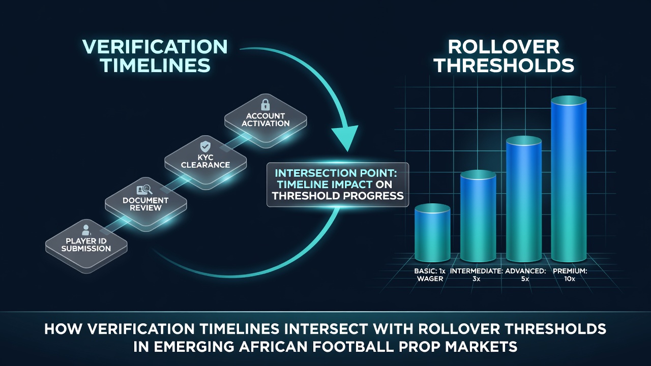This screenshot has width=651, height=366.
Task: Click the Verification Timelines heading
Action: coord(155,56)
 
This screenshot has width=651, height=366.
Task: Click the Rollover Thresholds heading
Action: coord(504,56)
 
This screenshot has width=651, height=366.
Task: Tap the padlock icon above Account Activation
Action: coord(265,105)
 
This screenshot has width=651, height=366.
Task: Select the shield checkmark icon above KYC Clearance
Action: coord(205,147)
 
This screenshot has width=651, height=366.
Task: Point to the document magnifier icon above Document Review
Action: coord(144,190)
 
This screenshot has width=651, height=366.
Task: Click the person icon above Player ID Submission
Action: coord(86,230)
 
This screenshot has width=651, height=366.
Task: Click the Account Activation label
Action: coord(265,119)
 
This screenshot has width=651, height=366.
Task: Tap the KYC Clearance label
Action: coord(205,161)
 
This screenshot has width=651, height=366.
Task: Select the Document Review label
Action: coord(145,204)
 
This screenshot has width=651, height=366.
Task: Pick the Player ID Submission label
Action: coord(86,245)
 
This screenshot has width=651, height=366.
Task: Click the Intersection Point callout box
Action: coord(338,185)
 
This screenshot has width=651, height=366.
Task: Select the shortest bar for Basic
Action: coord(432,233)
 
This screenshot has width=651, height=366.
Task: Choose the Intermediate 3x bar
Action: coord(478,216)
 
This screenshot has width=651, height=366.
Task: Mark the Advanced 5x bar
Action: coord(524,199)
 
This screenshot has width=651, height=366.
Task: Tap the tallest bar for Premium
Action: coord(569,179)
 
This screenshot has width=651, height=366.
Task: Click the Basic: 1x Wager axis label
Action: coord(430,275)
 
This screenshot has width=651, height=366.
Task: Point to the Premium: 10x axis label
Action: coord(570,275)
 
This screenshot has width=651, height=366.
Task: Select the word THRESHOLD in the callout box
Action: coord(306,196)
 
